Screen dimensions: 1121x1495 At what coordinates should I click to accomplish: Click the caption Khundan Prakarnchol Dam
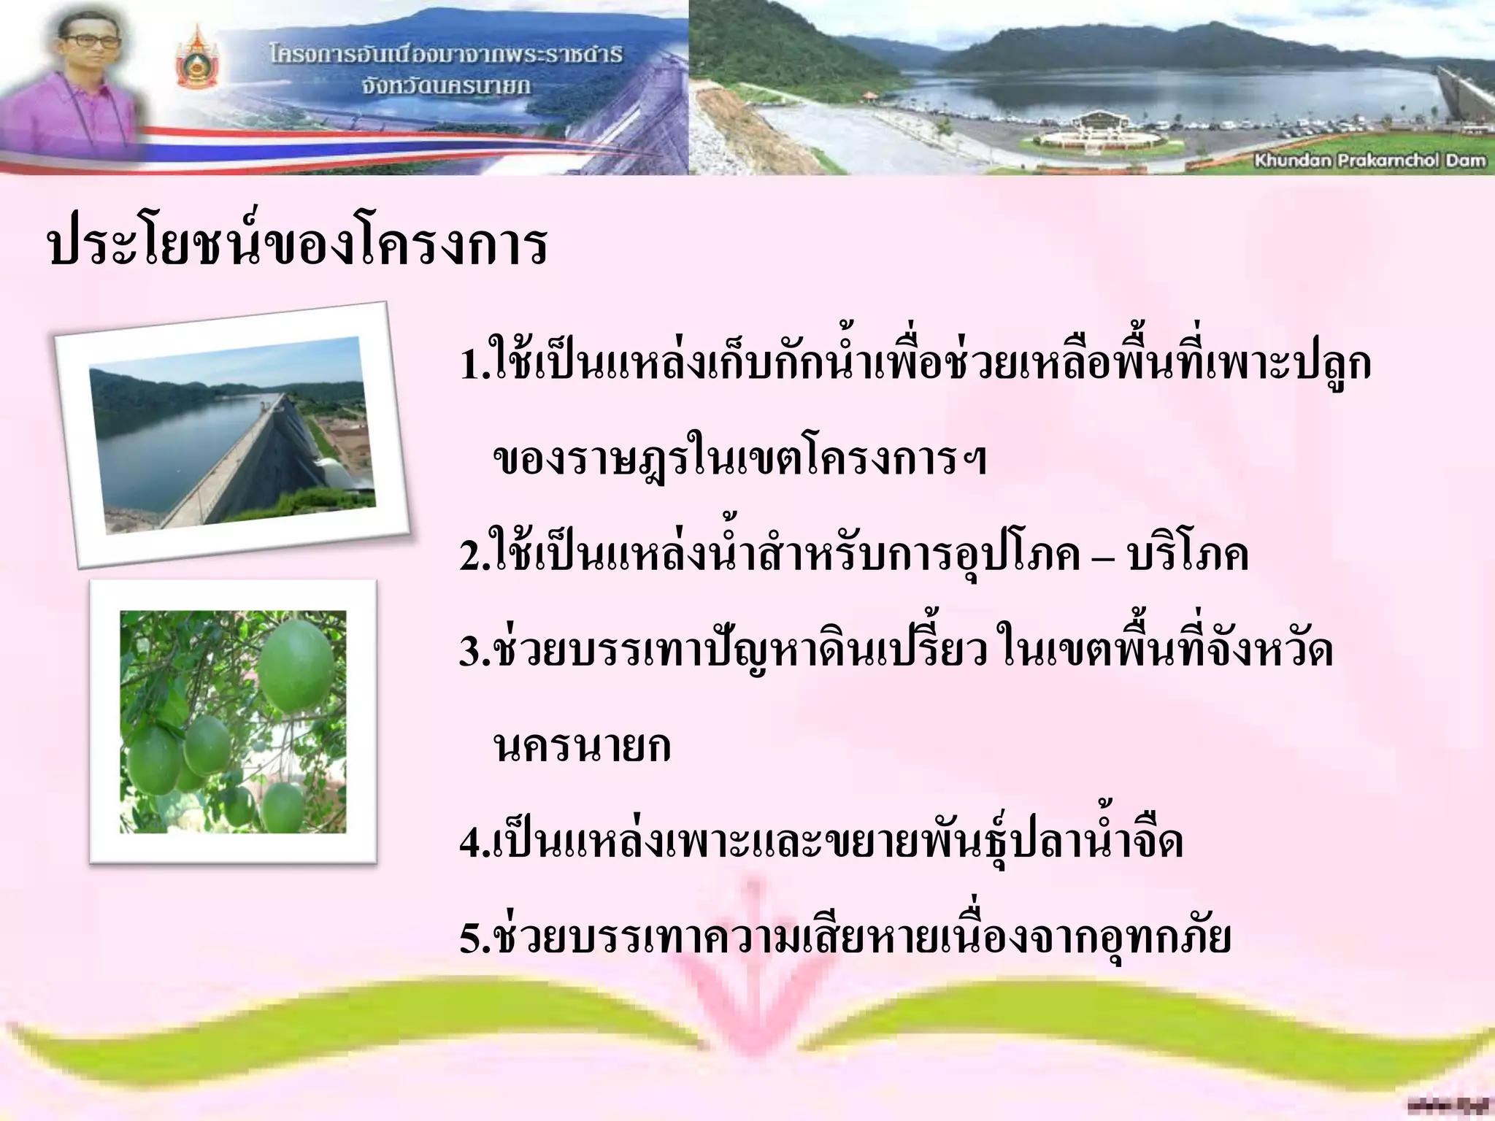point(1370,161)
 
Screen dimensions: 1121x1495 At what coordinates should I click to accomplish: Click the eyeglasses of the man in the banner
point(92,42)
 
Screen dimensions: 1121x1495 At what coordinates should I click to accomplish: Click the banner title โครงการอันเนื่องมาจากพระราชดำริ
point(446,55)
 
